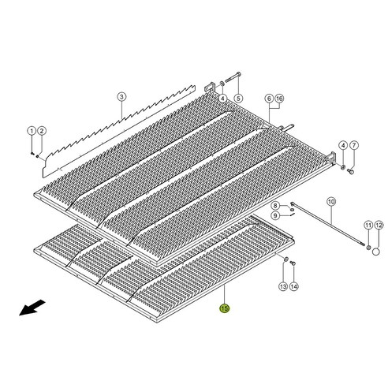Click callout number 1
point(32,130)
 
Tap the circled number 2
point(42,130)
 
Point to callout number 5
point(237,99)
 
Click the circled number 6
point(270,99)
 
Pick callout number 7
point(354,147)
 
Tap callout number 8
point(276,206)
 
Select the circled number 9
point(276,215)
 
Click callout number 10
point(330,201)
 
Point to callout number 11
point(367,226)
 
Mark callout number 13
point(284,288)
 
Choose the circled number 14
point(294,288)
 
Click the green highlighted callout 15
point(224,309)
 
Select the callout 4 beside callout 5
point(224,99)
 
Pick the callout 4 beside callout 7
point(343,147)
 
